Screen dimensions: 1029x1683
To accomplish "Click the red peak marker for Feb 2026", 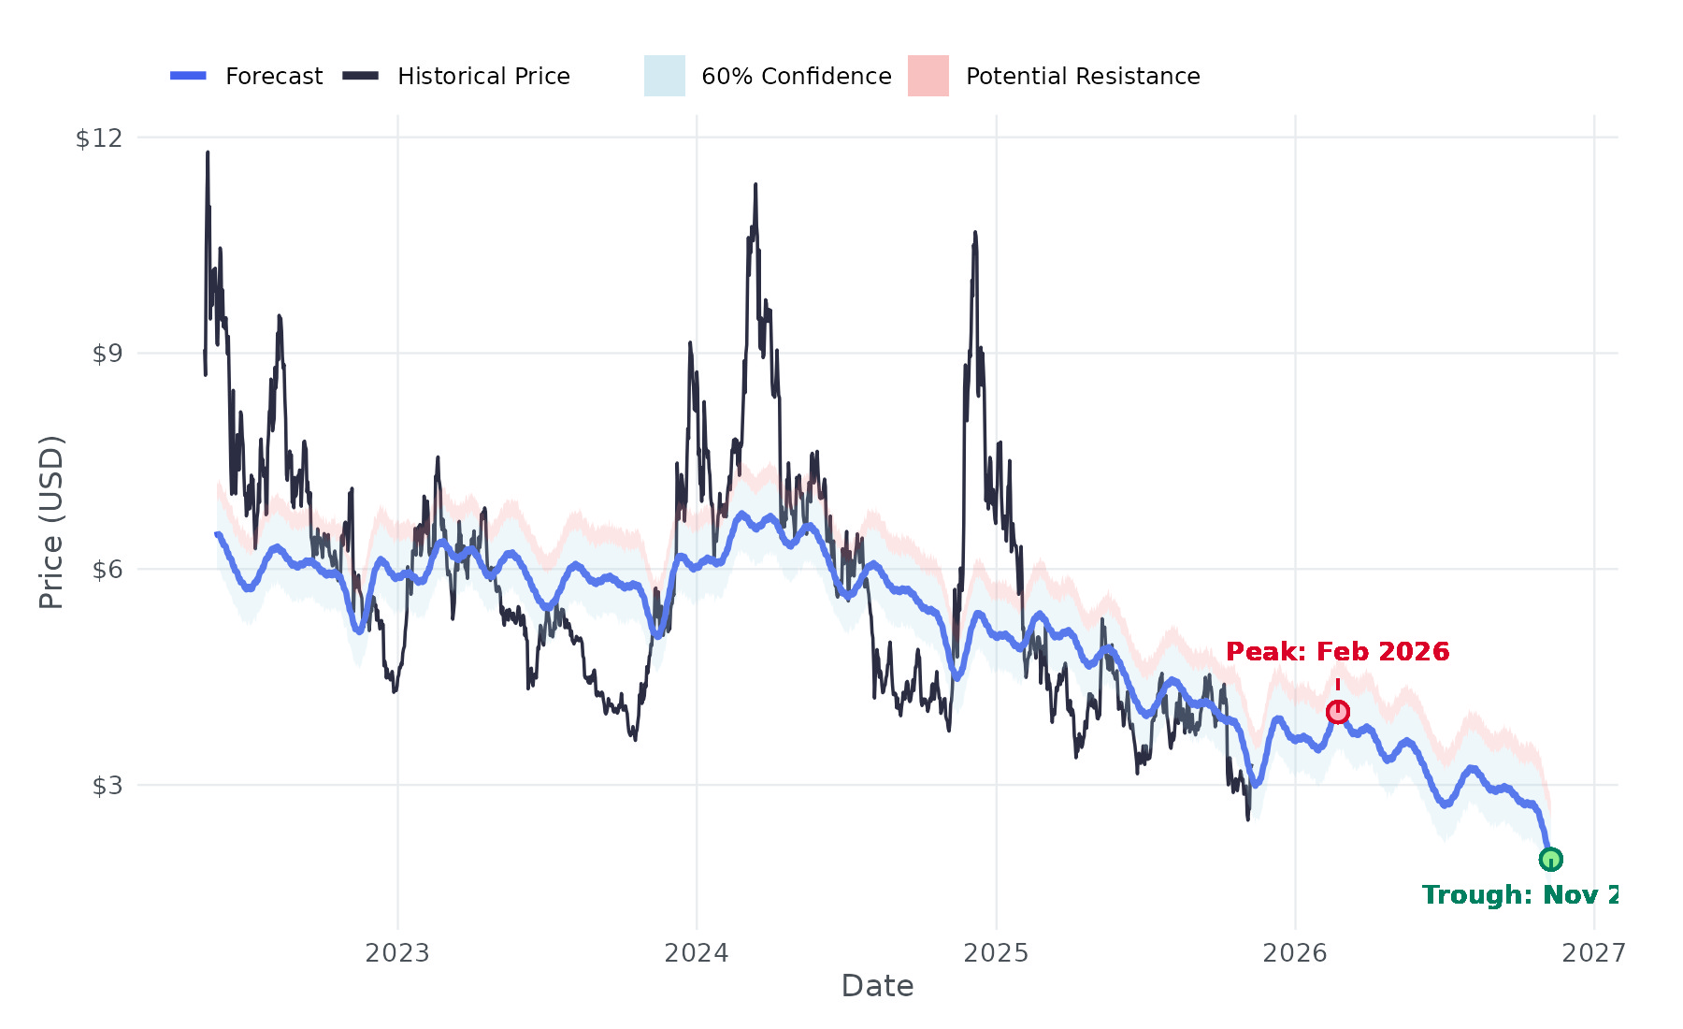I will click(x=1337, y=712).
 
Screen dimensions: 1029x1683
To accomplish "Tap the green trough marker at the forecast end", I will click(x=1550, y=859).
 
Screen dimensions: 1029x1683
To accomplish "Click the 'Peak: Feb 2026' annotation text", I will click(x=1337, y=652).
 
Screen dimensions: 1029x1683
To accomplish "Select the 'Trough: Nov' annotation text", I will click(x=1519, y=895).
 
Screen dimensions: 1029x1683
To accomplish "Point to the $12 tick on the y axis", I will click(x=99, y=138).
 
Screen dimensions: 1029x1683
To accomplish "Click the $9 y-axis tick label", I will click(x=107, y=354).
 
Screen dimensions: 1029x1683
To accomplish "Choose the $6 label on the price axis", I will click(x=107, y=569).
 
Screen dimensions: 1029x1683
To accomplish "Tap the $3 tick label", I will click(x=107, y=785).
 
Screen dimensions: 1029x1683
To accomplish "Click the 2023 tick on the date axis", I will click(x=397, y=953).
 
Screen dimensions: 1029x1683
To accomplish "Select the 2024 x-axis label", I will click(x=697, y=953).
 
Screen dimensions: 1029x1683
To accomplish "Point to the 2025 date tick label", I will click(x=996, y=953).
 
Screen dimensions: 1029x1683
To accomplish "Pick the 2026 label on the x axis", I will click(x=1295, y=953).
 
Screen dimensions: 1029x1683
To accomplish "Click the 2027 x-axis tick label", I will click(x=1594, y=953).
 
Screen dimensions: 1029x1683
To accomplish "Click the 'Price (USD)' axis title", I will click(x=51, y=522).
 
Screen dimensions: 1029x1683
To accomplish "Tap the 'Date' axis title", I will click(x=877, y=986).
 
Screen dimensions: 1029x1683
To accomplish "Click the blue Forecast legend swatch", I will click(x=188, y=76).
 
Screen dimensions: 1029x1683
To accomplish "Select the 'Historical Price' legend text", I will click(x=483, y=76).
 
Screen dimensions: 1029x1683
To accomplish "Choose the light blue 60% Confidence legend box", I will click(x=665, y=76).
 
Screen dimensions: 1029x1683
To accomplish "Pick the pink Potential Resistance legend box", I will click(x=928, y=76).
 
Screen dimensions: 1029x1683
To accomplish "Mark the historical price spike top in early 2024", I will click(x=755, y=185).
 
